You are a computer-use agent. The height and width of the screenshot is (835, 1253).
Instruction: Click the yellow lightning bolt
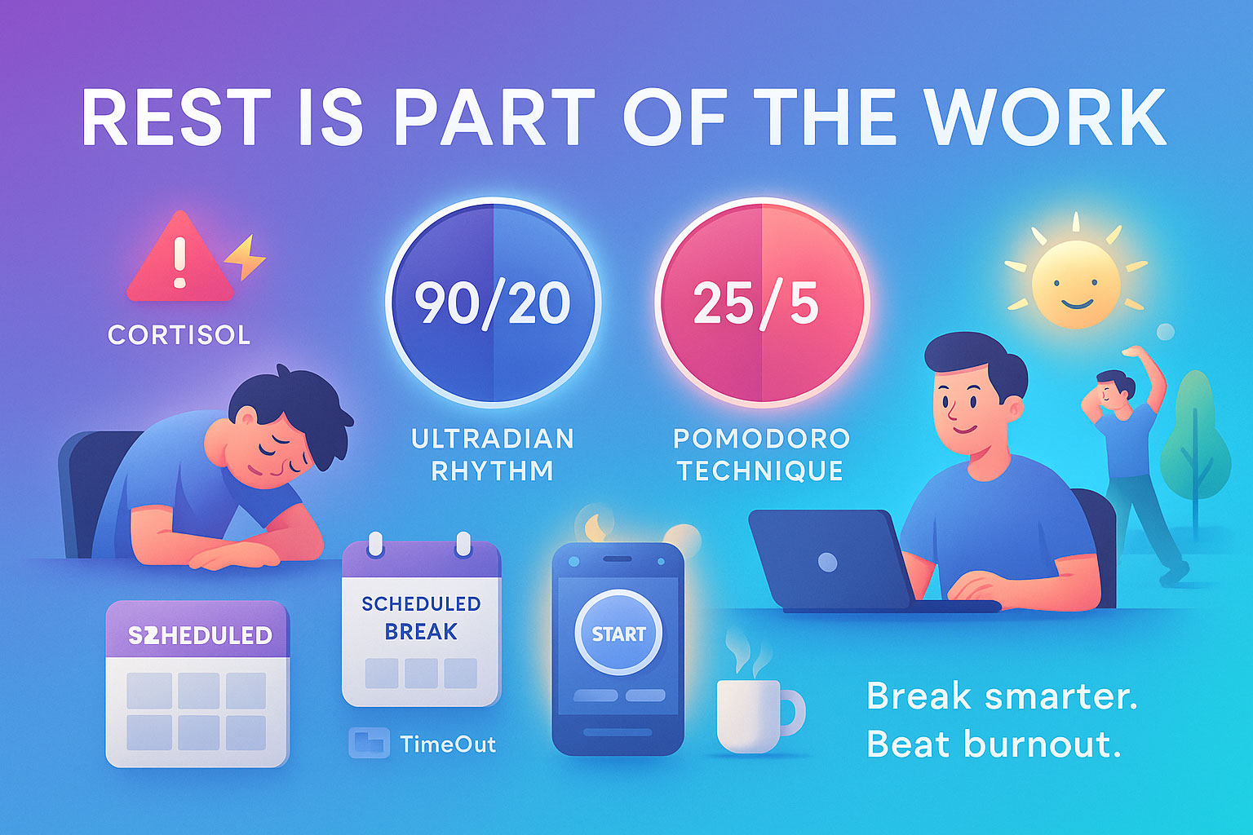click(x=246, y=257)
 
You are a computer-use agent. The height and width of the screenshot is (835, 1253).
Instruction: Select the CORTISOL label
click(x=179, y=335)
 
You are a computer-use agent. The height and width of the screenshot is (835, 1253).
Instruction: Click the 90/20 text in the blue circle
click(x=492, y=303)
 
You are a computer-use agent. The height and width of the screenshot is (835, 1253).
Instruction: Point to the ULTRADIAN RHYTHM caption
click(x=493, y=455)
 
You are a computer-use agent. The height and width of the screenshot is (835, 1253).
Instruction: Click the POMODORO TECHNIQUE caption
click(x=761, y=455)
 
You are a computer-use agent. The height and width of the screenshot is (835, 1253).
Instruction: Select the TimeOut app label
click(x=447, y=744)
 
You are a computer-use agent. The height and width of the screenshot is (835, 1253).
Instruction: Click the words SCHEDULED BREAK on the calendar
click(x=421, y=617)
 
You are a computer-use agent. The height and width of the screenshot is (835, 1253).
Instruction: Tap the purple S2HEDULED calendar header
click(x=199, y=635)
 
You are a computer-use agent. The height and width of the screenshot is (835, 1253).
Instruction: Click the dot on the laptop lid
click(x=827, y=562)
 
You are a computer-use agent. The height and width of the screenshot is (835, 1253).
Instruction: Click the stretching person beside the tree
click(x=1134, y=465)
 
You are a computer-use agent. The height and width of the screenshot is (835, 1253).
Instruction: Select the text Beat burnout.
click(x=993, y=744)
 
